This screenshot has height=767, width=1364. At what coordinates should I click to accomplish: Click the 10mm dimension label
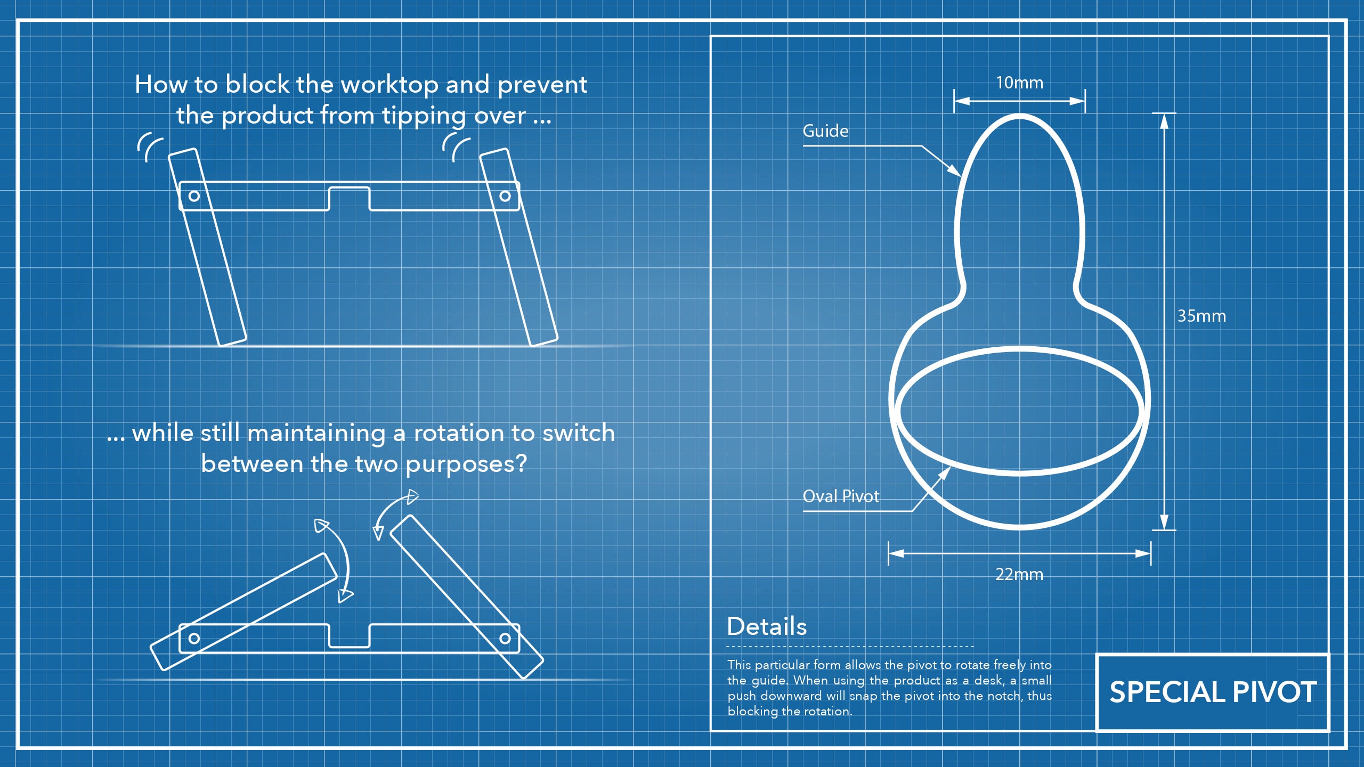[1019, 83]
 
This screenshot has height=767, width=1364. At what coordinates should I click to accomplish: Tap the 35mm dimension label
[1201, 316]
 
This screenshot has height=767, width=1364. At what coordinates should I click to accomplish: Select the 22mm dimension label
[1019, 575]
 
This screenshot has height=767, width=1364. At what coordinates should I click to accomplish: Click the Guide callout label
[825, 131]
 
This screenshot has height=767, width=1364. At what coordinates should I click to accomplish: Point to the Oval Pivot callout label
[841, 496]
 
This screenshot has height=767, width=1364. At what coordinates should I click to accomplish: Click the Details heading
[767, 626]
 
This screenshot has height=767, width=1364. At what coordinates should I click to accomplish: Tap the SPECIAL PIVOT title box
[1213, 692]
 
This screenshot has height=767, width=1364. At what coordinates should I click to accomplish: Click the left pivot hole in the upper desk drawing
[194, 196]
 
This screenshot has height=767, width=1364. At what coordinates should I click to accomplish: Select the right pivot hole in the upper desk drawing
[505, 196]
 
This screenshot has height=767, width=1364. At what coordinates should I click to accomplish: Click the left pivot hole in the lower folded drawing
[194, 638]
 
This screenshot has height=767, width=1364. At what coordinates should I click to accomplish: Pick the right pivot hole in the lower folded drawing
[505, 638]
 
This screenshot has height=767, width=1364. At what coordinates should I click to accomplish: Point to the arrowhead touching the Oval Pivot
[945, 472]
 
